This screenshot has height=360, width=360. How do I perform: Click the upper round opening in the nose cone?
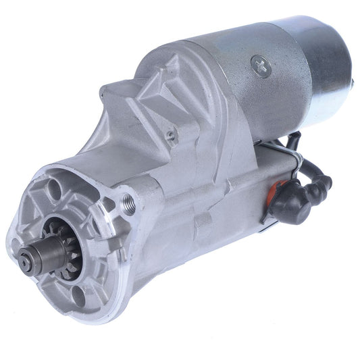point(58,184)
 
